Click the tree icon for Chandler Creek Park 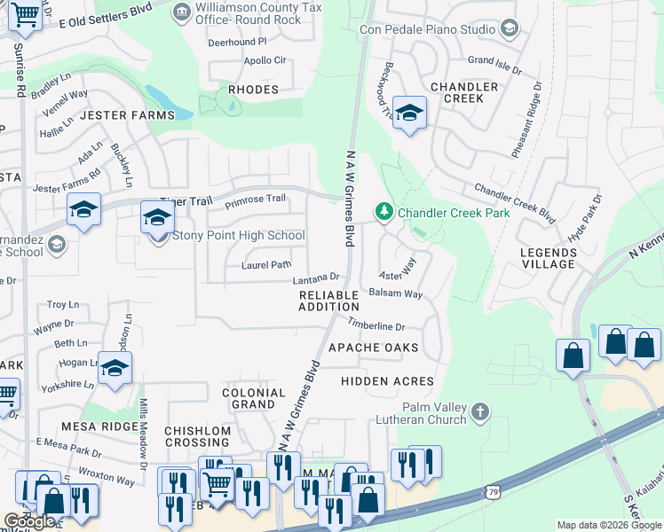pos(384,211)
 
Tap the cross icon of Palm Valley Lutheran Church pos(479,411)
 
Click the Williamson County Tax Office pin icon pos(182,12)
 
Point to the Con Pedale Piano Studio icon pos(510,29)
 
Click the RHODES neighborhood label pos(253,90)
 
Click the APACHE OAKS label pos(373,348)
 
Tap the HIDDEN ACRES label pos(387,381)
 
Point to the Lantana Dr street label pos(316,280)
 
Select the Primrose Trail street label pos(255,200)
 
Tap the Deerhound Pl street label pos(237,42)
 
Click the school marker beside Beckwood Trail pos(409,113)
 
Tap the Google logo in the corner pos(29,521)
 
